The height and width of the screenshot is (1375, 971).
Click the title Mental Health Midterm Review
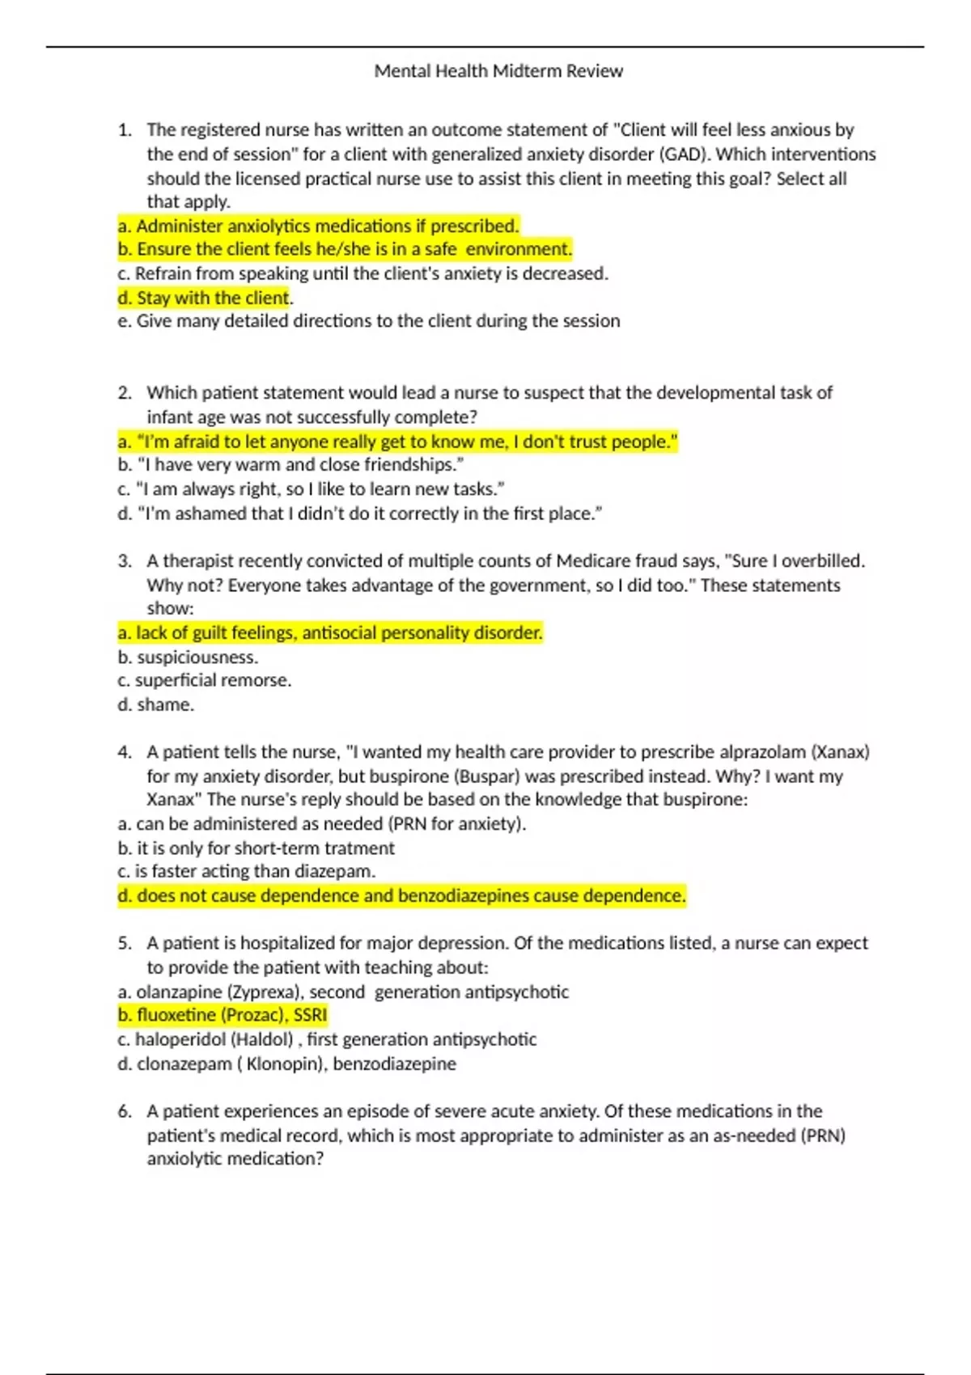[x=498, y=71]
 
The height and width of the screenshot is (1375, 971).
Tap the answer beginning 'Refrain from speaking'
[x=363, y=274]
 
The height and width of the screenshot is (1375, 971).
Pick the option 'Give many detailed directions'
[x=369, y=321]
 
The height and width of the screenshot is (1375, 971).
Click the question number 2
[x=124, y=393]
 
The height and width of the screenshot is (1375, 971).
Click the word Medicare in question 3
[x=588, y=561]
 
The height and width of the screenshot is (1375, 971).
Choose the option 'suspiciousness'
[x=188, y=658]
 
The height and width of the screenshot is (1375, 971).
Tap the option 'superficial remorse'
[x=205, y=681]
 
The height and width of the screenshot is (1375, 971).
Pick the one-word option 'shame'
[x=165, y=705]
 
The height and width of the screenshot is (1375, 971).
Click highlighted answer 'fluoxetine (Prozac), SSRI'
[x=223, y=1015]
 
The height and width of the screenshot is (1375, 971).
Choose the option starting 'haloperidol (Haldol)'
[x=327, y=1039]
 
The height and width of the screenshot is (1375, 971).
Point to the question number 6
[x=124, y=1111]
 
